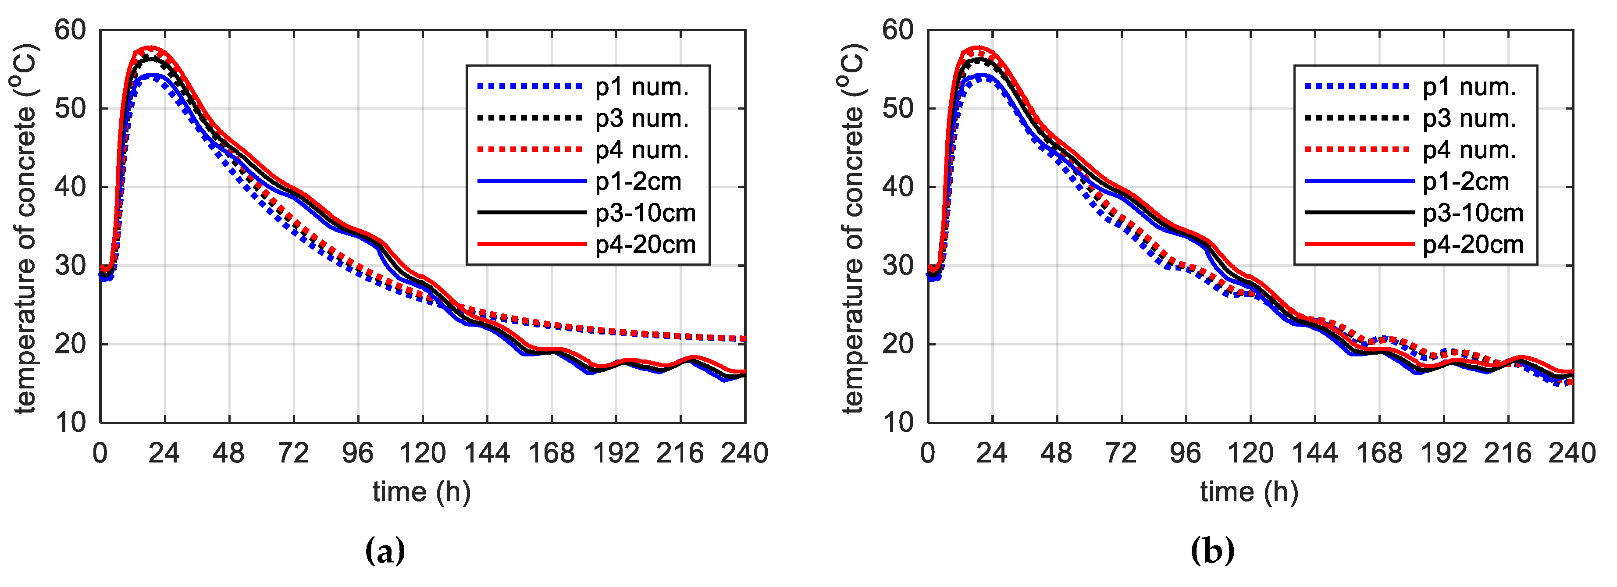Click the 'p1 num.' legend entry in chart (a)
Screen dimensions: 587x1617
coord(641,87)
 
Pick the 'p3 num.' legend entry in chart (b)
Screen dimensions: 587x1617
coord(1469,119)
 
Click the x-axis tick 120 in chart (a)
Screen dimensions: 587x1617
coord(423,453)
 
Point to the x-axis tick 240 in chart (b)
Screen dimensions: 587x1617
coord(1571,453)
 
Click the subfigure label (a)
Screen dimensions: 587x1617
coord(385,551)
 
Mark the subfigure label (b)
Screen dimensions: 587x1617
coord(1212,551)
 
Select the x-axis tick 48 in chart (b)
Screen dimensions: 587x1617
coord(1057,453)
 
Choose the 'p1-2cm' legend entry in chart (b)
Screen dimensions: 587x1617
coord(1465,181)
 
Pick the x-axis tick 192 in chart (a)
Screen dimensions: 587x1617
coord(616,453)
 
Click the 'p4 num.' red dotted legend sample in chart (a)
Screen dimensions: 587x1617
coord(531,149)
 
